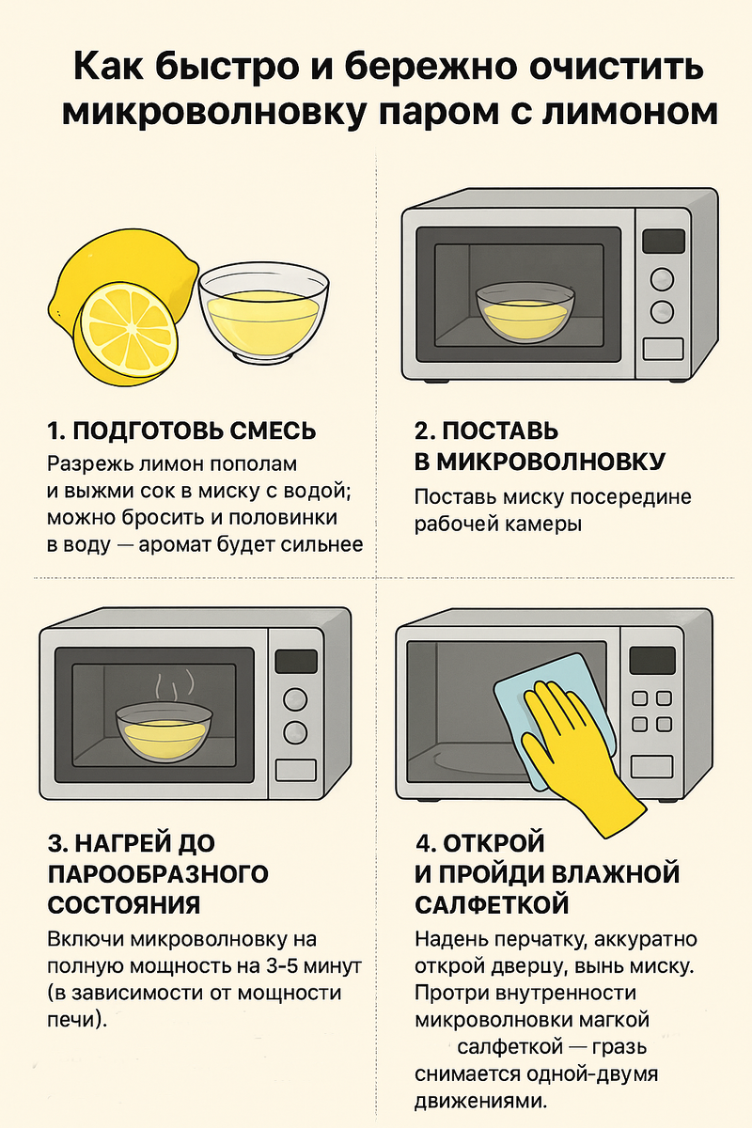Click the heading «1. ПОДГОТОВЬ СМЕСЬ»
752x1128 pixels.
181,431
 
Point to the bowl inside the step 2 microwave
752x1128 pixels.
525,311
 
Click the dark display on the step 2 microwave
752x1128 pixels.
664,241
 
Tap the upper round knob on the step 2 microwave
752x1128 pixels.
663,279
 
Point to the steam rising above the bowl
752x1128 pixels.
174,685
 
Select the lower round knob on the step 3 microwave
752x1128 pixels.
295,732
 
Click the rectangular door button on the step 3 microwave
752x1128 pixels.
296,771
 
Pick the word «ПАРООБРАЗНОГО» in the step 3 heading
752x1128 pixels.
158,873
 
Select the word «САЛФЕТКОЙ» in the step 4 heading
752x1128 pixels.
493,905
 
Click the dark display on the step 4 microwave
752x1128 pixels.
652,660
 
